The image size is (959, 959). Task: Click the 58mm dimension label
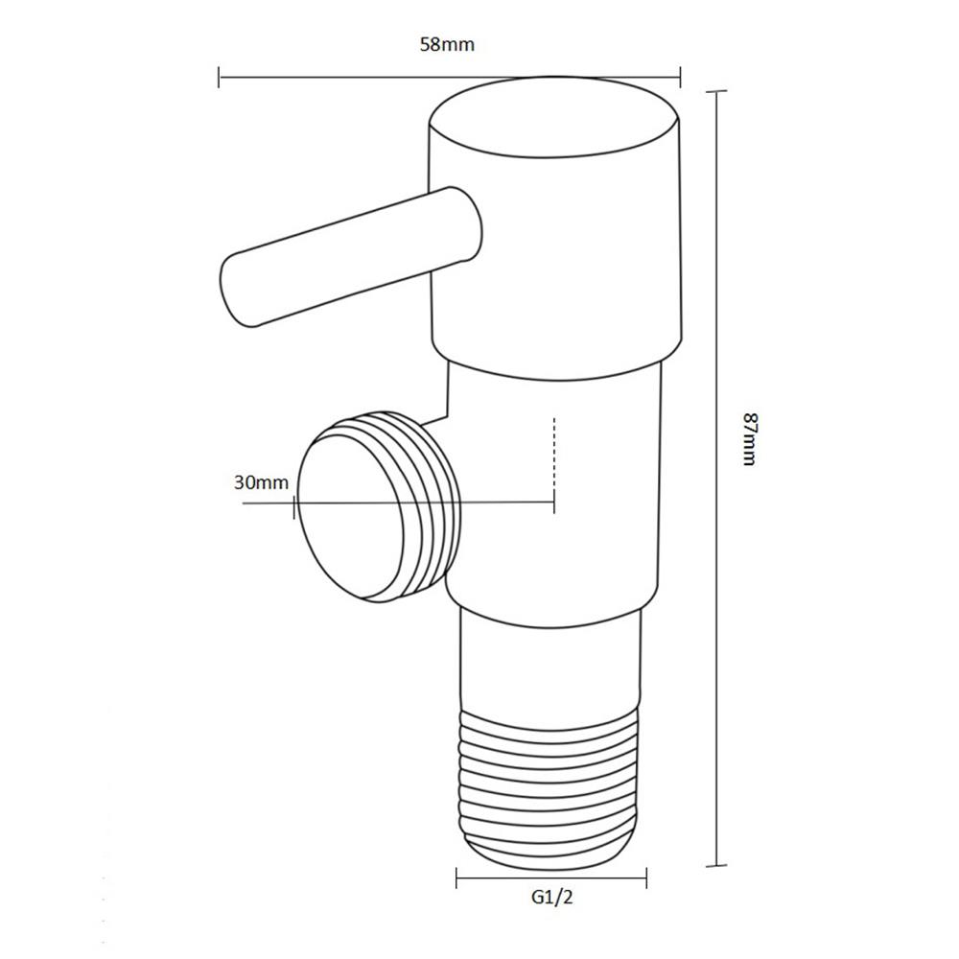[448, 45]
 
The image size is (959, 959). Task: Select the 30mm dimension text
[261, 482]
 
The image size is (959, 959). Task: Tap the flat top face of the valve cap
[554, 122]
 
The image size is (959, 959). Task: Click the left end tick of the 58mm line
[220, 77]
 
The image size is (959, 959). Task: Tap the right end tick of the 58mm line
[680, 77]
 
